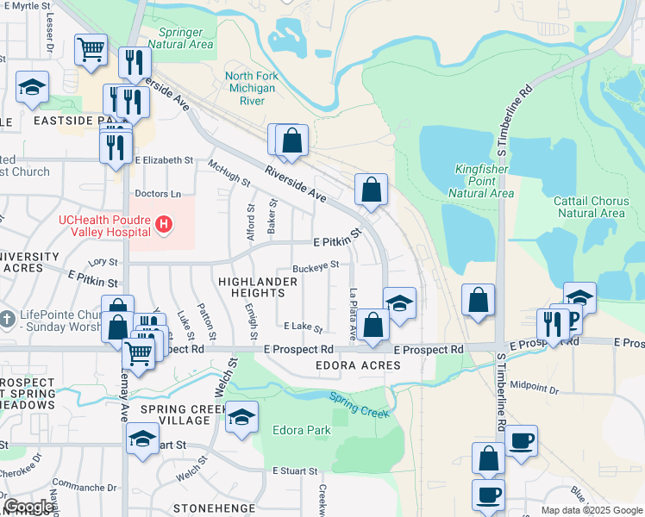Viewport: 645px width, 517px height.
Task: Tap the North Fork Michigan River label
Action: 250,88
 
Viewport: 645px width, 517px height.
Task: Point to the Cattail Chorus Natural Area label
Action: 590,207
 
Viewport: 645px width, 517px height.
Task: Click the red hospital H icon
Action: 165,227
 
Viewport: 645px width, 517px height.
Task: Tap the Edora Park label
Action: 302,429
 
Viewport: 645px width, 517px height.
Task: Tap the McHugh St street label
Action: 229,171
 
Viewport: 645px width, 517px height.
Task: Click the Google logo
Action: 28,507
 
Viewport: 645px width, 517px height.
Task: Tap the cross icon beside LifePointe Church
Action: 8,317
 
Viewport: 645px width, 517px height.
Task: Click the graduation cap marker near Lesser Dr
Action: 32,87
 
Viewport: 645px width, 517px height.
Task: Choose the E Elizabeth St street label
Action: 164,160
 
